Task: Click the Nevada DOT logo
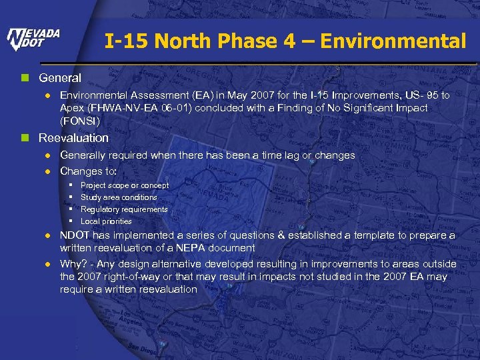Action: [33, 40]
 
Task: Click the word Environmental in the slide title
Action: [393, 41]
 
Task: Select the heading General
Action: [60, 78]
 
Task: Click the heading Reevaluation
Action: [73, 138]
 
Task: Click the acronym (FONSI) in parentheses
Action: [80, 121]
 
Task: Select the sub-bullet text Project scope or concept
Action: [125, 185]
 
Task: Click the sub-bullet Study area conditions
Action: [119, 197]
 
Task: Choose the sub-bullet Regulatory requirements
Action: [124, 209]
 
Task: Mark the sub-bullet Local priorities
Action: [106, 221]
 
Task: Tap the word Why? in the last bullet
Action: [73, 264]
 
